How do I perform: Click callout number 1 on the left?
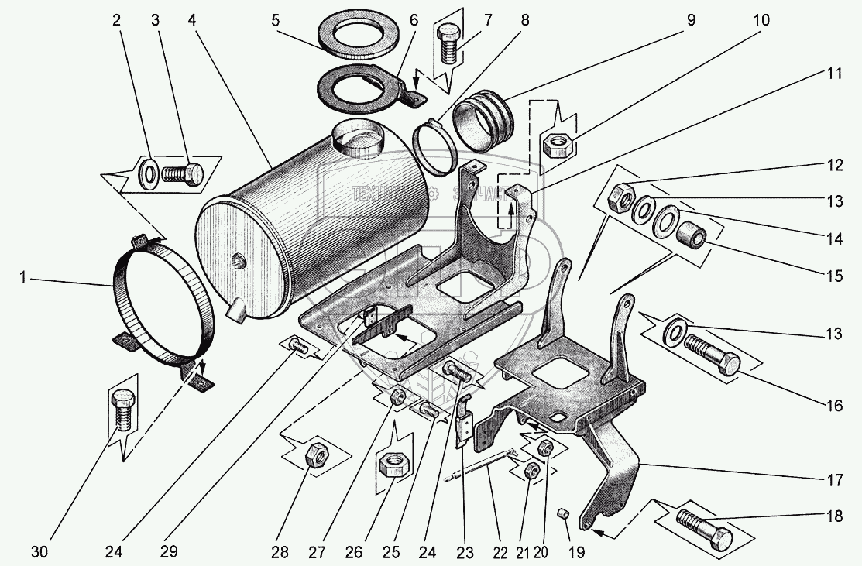[23, 276]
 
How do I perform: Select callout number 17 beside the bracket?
[834, 480]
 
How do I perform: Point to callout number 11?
[834, 74]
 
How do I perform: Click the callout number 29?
[169, 552]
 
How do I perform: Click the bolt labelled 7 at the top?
[449, 43]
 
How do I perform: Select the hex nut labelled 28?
[317, 454]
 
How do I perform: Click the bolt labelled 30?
[121, 413]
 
